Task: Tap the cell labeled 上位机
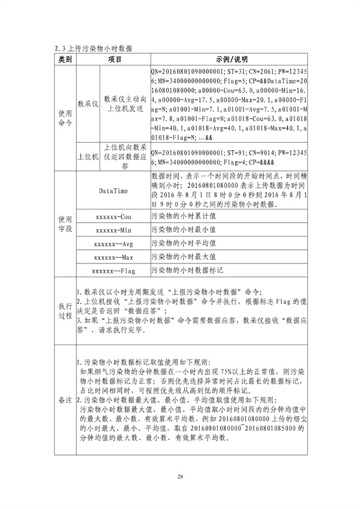point(88,157)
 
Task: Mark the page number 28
point(180,477)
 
